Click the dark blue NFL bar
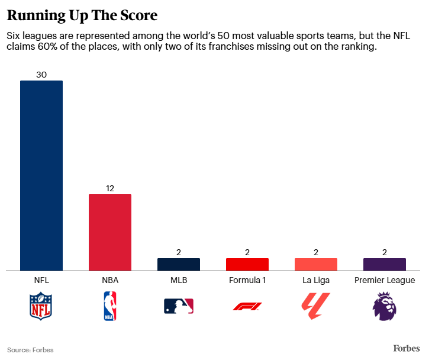tap(41, 175)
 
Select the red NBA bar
tap(110, 232)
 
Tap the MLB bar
tap(179, 265)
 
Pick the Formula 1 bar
tap(247, 265)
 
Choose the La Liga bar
tap(316, 265)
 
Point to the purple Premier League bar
tap(385, 265)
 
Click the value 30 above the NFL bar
tap(41, 75)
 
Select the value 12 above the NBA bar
tap(110, 188)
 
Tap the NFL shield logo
tap(41, 306)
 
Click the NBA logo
tap(110, 306)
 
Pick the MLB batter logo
tap(179, 306)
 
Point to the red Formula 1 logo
tap(247, 306)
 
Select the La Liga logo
tap(316, 306)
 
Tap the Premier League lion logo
tap(385, 306)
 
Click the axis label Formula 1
tap(247, 280)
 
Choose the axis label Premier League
tap(385, 280)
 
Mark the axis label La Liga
tap(316, 280)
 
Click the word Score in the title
tap(135, 14)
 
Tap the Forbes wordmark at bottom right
tap(407, 348)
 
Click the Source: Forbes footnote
tap(30, 350)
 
